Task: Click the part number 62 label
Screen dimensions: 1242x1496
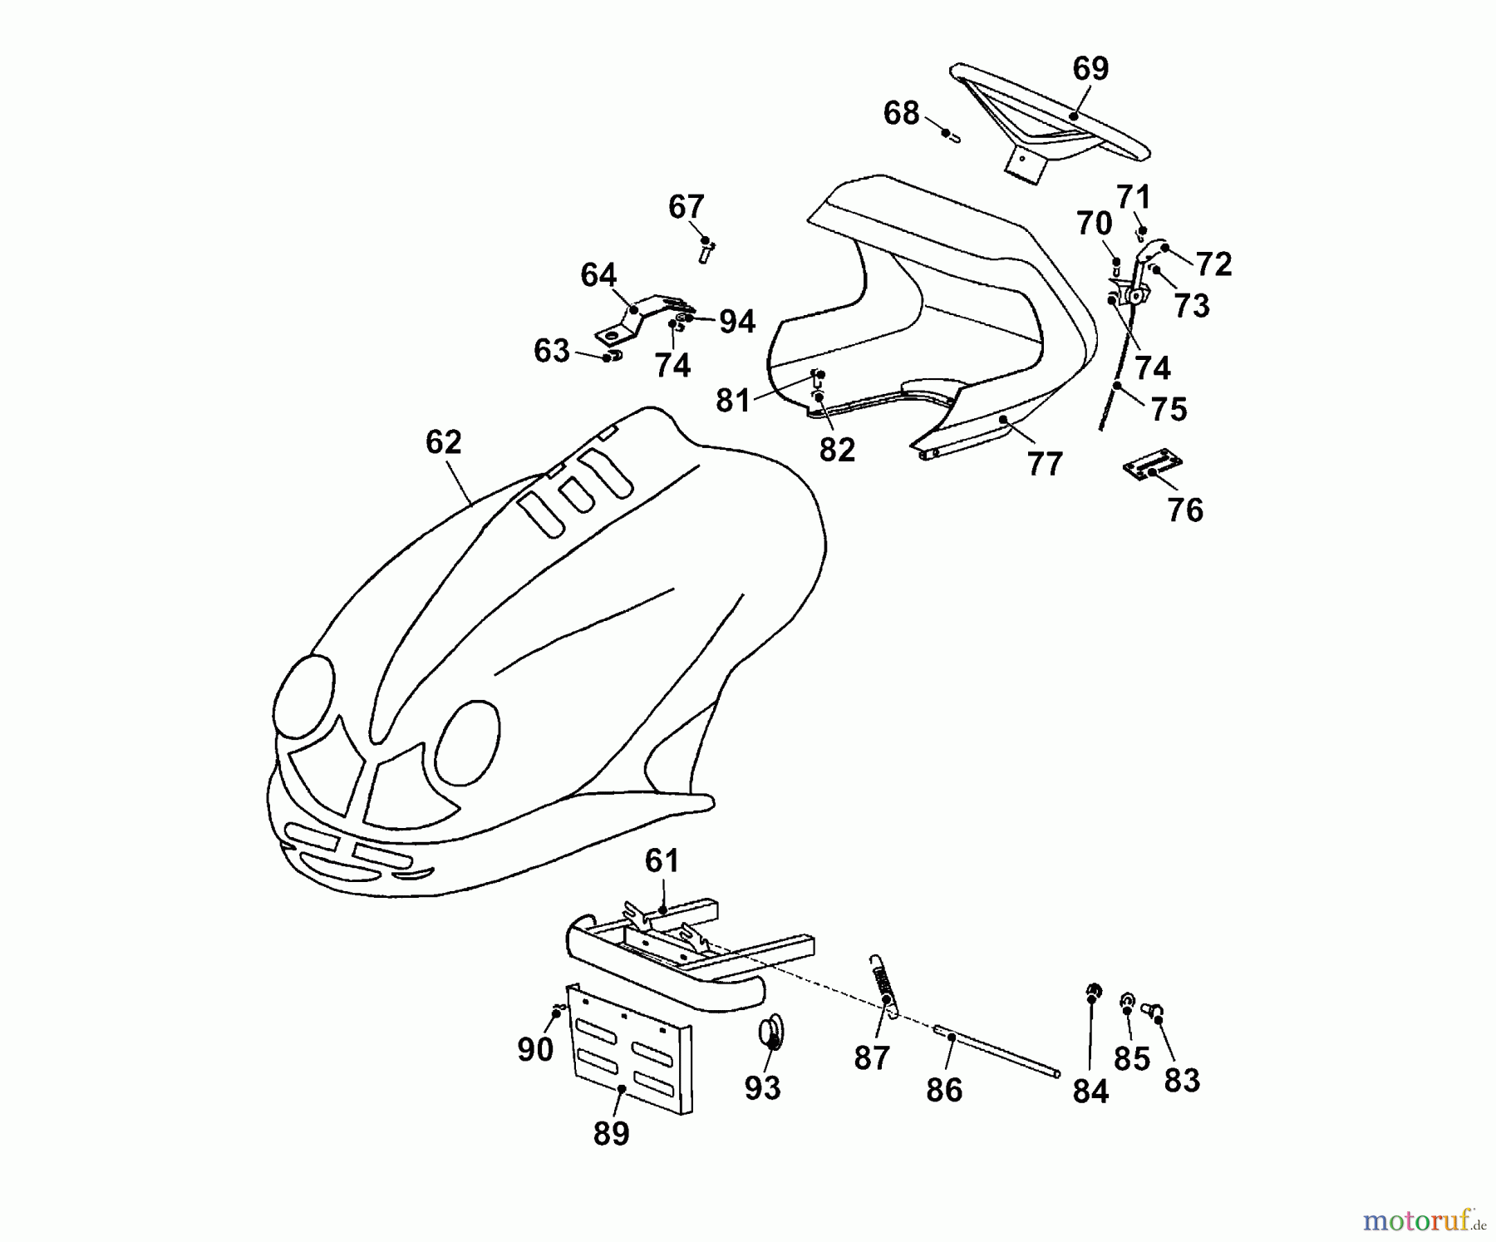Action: (443, 442)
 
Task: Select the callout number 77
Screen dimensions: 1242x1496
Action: (1045, 464)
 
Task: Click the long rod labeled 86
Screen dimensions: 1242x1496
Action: (997, 1052)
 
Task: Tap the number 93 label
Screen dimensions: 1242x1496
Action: (763, 1087)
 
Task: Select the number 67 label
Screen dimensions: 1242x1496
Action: (686, 206)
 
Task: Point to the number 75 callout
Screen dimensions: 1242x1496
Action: (1169, 409)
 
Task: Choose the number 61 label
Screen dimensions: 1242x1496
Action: (662, 861)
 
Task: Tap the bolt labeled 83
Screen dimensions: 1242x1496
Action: (1153, 1010)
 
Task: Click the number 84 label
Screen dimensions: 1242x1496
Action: (1090, 1091)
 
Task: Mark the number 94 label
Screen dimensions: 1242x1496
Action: (737, 322)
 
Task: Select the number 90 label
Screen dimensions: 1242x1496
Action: (535, 1050)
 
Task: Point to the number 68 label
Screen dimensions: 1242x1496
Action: (901, 113)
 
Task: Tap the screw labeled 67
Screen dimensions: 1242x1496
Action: (706, 249)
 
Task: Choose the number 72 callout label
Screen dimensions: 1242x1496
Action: (1213, 264)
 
